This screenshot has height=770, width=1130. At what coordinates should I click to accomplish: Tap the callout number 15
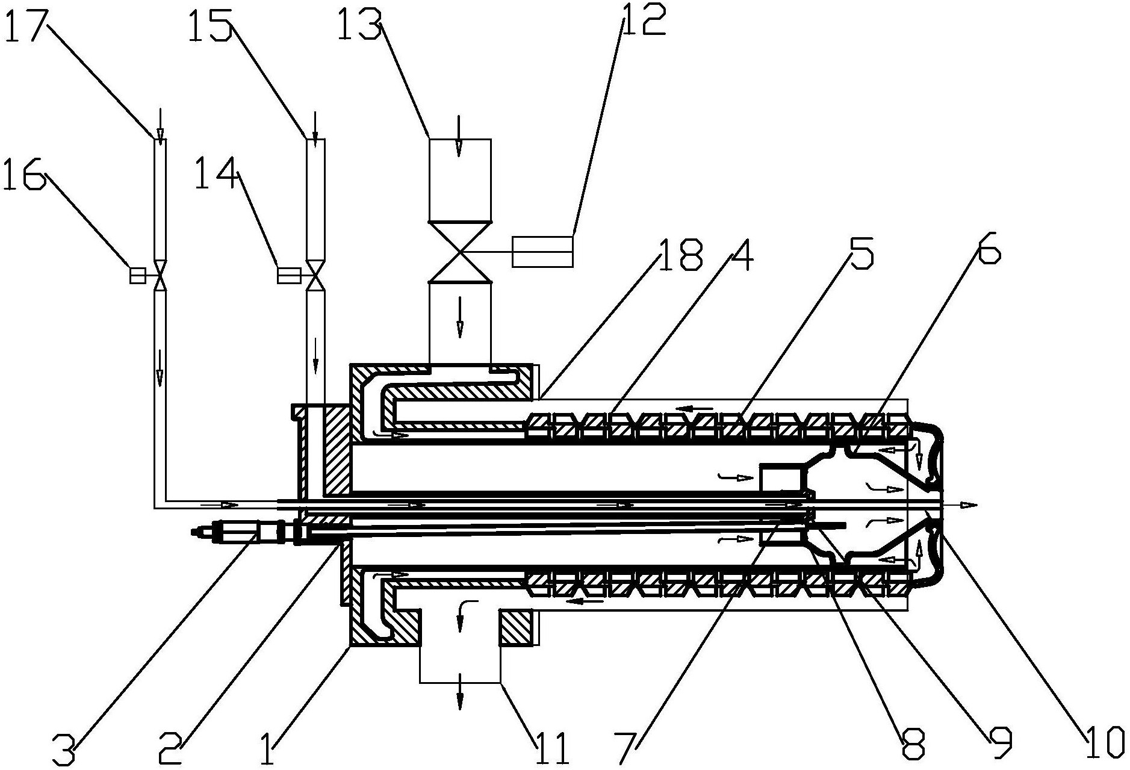(x=210, y=22)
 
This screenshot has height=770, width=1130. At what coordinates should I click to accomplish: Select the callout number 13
(x=359, y=22)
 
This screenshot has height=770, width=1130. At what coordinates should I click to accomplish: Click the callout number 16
(x=24, y=173)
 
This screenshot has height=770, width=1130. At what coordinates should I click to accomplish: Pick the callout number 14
(x=217, y=173)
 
